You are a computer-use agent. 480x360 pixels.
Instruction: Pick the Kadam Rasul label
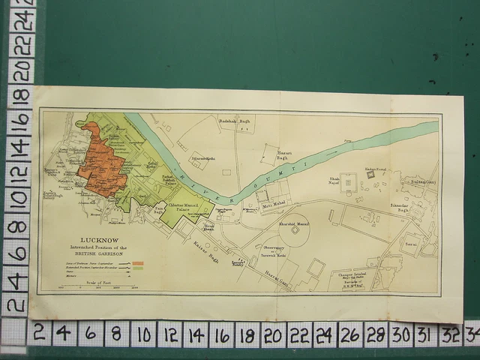374,169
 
